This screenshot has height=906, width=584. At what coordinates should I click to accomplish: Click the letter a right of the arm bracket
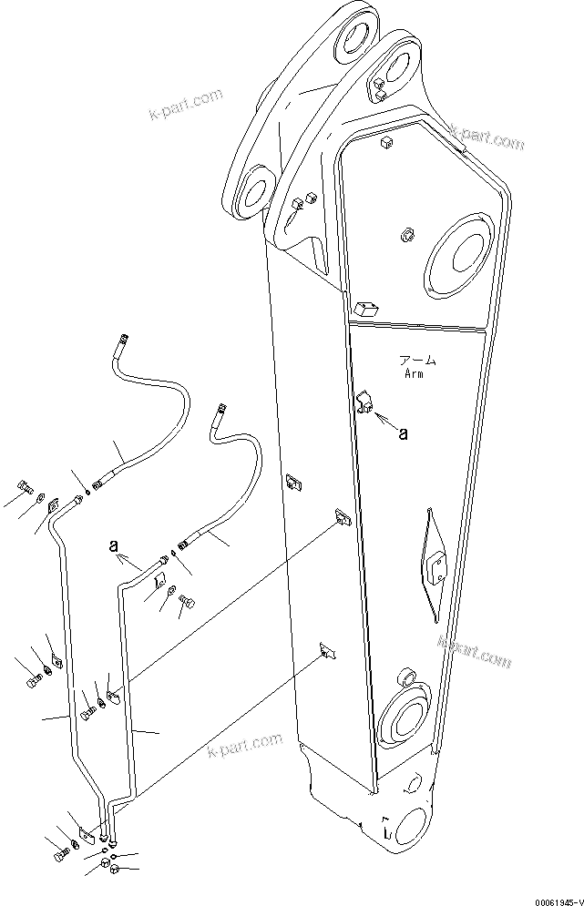[x=403, y=433]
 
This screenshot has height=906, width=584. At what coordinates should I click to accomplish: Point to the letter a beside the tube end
[x=112, y=546]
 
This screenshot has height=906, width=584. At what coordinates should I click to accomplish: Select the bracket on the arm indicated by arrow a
[x=366, y=401]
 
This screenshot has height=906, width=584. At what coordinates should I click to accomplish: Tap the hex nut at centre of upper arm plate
[x=406, y=237]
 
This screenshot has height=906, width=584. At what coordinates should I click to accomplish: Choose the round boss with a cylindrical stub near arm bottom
[x=405, y=710]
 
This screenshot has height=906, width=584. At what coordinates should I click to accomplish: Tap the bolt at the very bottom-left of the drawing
[x=62, y=856]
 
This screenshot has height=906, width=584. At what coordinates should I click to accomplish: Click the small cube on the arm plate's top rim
[x=385, y=141]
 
